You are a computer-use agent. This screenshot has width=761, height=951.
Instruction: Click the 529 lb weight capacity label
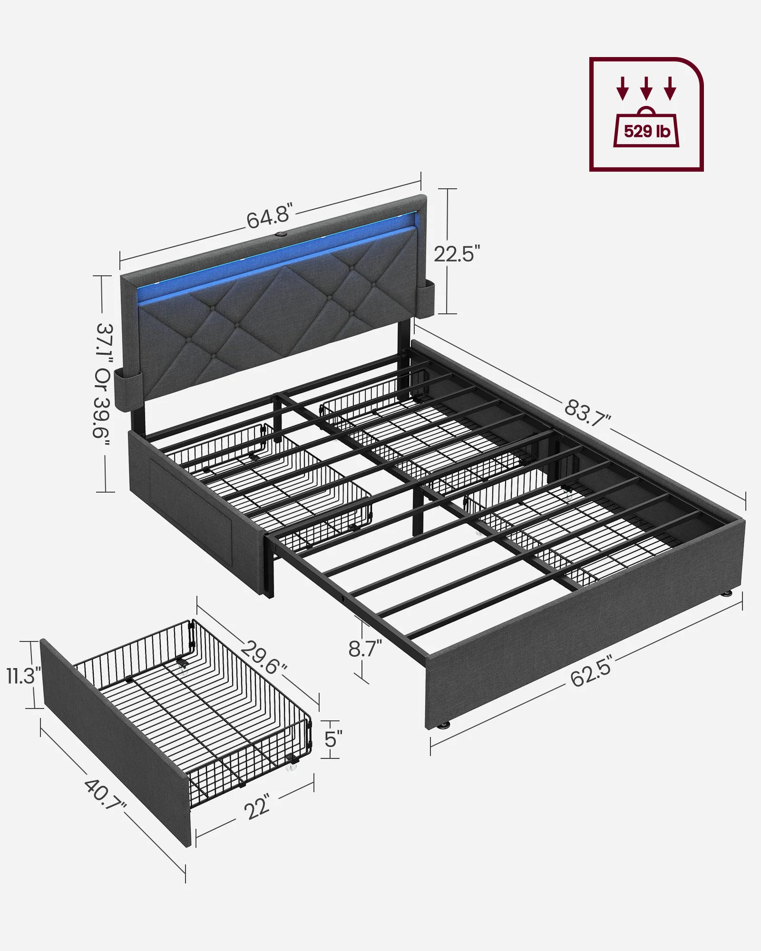pos(646,131)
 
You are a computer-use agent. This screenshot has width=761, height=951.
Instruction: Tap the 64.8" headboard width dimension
pos(268,217)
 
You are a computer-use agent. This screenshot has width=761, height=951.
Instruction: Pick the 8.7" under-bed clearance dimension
pos(364,648)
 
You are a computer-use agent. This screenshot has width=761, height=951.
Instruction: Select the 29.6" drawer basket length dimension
pos(263,657)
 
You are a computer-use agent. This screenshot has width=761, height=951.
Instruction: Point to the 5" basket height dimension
pos(332,739)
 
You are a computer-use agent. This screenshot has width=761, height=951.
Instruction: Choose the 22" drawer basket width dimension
pos(258,806)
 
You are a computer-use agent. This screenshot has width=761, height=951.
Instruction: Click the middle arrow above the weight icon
pos(645,88)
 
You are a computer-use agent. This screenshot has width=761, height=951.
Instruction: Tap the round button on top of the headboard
pos(280,235)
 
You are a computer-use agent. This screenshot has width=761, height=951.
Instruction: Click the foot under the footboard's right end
pos(726,594)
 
